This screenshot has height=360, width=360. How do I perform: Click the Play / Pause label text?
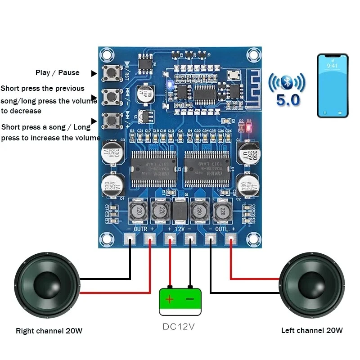[x=57, y=72]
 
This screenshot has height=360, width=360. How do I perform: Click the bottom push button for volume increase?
[x=110, y=120]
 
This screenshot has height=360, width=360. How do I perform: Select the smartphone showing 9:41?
[x=333, y=85]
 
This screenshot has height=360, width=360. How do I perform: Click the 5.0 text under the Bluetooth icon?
[x=288, y=100]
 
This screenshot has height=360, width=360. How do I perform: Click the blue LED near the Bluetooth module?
[x=168, y=84]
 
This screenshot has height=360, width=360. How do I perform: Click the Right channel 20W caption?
[x=49, y=331]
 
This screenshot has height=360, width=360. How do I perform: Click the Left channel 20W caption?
[x=312, y=330]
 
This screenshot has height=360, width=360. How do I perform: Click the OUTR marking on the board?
[x=140, y=229]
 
